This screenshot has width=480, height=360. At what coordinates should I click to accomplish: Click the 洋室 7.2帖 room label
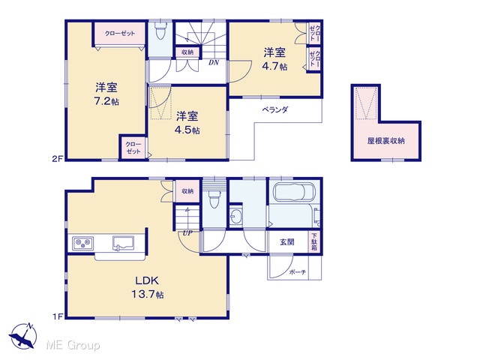pos(106,94)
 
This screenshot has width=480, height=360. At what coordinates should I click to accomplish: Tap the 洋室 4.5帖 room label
pos(187,122)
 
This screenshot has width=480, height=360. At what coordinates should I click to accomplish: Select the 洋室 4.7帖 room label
pos(274,59)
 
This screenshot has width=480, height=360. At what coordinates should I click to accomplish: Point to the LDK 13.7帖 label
pos(147,287)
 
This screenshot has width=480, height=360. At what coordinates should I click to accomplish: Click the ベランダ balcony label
pos(275,109)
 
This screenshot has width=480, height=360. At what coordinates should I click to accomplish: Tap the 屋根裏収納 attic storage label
pos(386,141)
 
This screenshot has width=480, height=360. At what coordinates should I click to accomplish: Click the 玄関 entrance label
pos(286,242)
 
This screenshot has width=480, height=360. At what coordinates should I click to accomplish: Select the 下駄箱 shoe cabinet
pos(314,241)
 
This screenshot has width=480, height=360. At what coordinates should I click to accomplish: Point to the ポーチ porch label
pos(298,271)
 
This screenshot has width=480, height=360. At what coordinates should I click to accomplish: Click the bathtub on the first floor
pos(295,193)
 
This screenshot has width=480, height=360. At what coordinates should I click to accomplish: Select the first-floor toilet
pos(214,199)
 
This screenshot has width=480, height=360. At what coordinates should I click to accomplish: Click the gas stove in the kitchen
pos(83,243)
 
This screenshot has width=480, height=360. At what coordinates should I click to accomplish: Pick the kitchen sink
pos(123,243)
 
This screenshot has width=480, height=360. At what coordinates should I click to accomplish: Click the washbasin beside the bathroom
pos(235,217)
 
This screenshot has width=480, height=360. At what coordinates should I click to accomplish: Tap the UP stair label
pos(187,233)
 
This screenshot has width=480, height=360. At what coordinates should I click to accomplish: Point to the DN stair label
pos(214,62)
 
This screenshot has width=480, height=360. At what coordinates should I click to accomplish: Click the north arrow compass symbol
pos(22,336)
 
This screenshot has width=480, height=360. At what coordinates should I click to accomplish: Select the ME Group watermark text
pos(73,345)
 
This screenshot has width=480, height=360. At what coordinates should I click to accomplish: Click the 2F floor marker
pos(57,159)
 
